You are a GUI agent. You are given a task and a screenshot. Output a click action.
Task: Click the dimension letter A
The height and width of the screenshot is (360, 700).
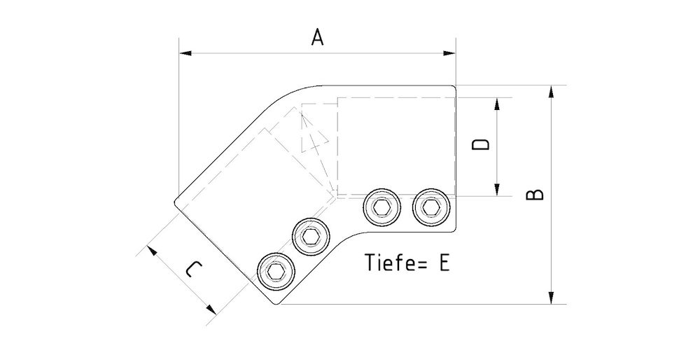click(x=317, y=38)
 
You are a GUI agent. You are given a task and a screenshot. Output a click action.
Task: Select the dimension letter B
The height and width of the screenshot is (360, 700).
click(x=535, y=194)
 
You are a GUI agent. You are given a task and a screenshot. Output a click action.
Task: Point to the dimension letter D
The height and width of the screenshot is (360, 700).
click(x=480, y=145)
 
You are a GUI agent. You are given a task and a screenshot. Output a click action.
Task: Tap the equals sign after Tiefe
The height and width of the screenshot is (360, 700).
click(x=422, y=263)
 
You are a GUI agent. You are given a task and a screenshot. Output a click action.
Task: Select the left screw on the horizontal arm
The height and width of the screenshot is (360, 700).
click(x=381, y=208)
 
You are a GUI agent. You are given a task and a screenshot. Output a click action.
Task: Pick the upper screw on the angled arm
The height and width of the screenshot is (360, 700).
click(x=310, y=235)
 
